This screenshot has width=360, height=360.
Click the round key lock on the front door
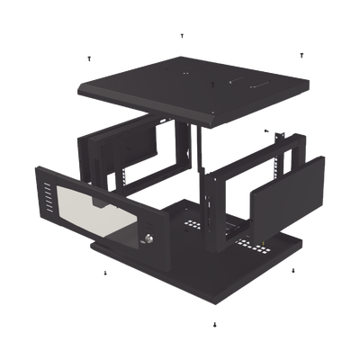(147, 238)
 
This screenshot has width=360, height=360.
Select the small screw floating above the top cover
(183, 36)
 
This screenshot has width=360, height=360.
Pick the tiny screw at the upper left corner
(88, 59)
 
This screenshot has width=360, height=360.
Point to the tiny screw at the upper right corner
(301, 55)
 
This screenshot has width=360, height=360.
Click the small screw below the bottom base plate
(212, 322)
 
